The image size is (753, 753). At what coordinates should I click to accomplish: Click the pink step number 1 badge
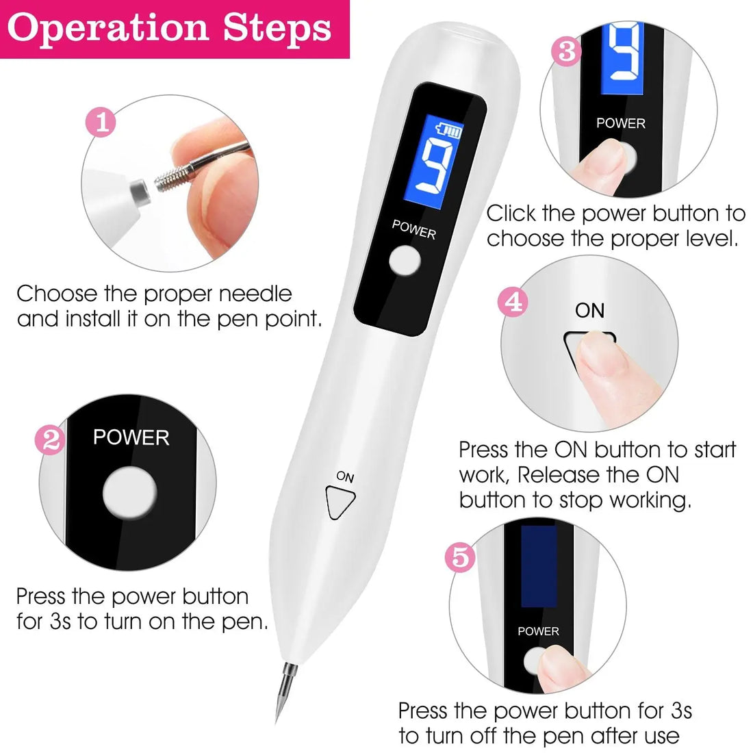coord(101,123)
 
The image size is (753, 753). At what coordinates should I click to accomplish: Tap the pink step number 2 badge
coord(51,440)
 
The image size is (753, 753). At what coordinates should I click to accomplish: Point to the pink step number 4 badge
coord(513,302)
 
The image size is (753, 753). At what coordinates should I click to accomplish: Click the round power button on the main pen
coord(404,262)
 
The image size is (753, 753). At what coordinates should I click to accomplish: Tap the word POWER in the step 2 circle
coord(131,437)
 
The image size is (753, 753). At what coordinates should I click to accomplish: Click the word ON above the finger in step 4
coord(589,311)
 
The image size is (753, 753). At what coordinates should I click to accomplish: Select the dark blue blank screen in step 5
coord(539,567)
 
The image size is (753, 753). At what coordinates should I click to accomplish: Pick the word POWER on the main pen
coord(413,229)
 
